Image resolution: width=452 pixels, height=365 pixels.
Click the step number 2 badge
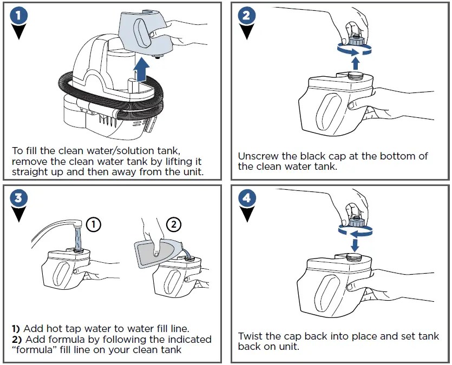(x=246, y=15)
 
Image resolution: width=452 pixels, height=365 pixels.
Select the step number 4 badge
(x=246, y=198)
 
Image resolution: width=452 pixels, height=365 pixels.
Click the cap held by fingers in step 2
(x=357, y=37)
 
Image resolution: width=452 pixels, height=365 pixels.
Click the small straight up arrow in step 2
(x=356, y=62)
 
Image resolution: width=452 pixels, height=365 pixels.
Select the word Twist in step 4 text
(x=251, y=336)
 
